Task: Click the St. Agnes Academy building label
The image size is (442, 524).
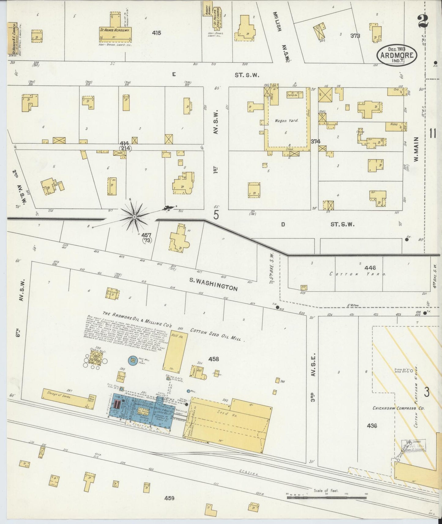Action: pyautogui.click(x=115, y=31)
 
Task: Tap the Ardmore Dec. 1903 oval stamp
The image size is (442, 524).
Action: pyautogui.click(x=397, y=55)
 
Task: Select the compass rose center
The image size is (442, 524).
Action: pyautogui.click(x=134, y=217)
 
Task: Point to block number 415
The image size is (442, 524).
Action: pyautogui.click(x=156, y=32)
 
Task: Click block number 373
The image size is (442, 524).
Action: pyautogui.click(x=355, y=36)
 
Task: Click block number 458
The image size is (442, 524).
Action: pyautogui.click(x=214, y=359)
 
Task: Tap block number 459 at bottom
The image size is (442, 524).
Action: pyautogui.click(x=169, y=498)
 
